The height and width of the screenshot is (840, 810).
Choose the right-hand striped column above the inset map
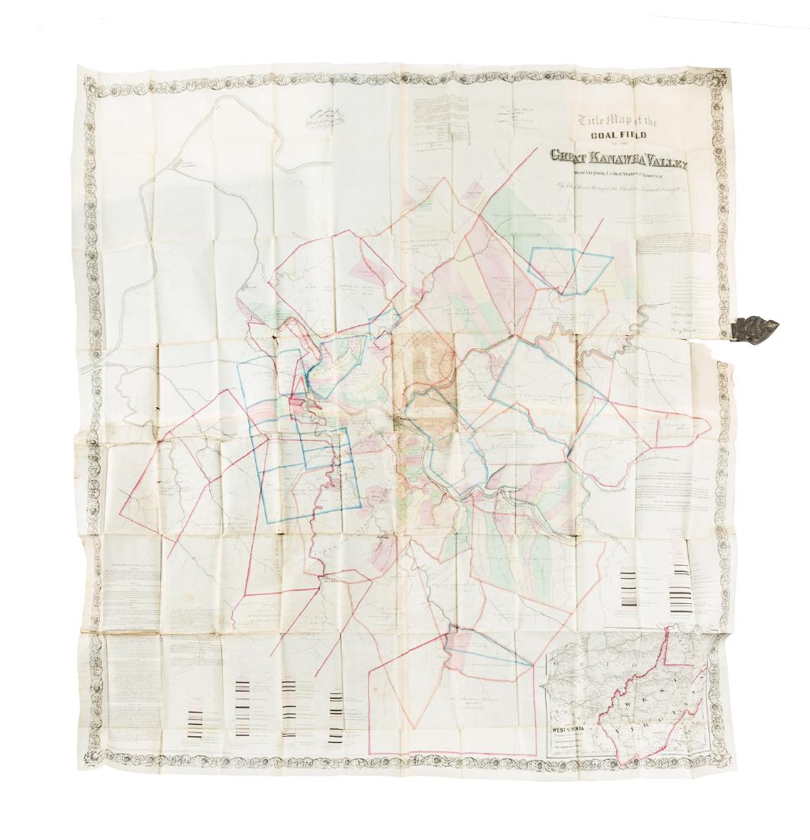[682, 583]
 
